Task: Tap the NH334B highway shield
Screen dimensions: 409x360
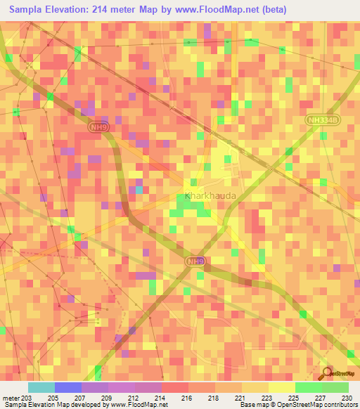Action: [x=322, y=120]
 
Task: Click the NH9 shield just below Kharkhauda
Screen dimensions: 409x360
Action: [x=196, y=261]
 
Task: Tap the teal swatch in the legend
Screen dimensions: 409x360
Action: [x=41, y=387]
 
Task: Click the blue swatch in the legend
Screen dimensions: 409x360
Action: [x=67, y=387]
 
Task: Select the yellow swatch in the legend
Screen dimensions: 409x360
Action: [x=281, y=387]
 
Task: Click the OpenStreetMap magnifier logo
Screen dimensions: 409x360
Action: [x=328, y=372]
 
